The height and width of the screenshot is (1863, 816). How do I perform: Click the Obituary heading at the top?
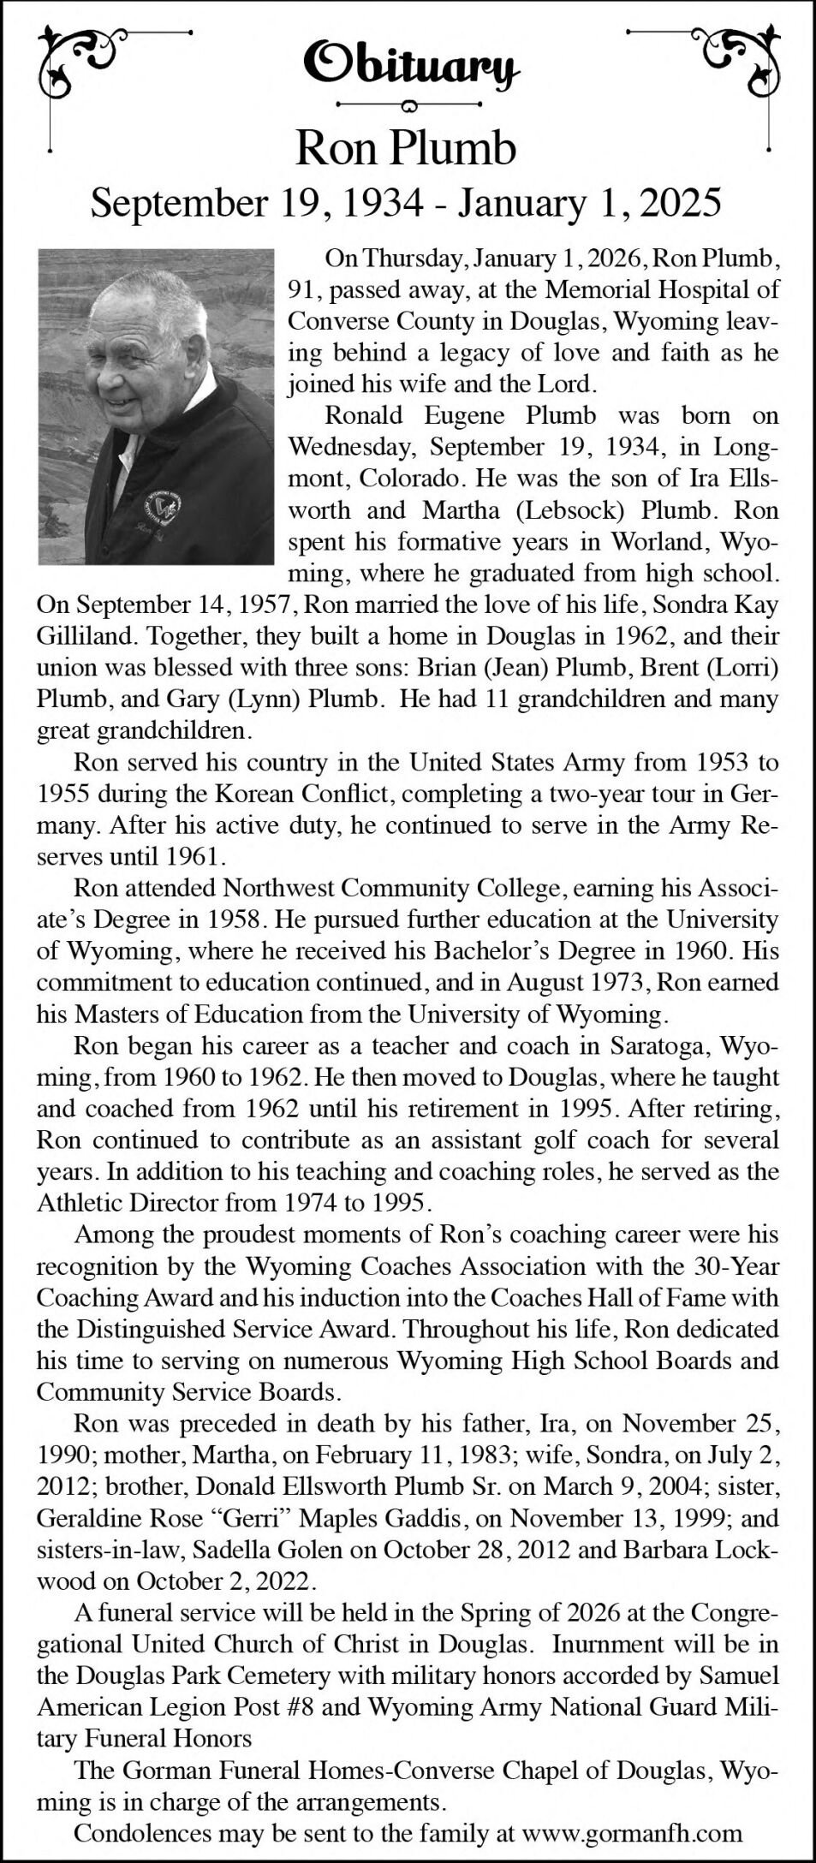(x=408, y=63)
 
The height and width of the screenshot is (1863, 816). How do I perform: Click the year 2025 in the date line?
(x=680, y=203)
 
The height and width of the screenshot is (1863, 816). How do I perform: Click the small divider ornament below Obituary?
(x=408, y=105)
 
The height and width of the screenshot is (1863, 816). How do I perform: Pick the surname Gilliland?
(x=82, y=636)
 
